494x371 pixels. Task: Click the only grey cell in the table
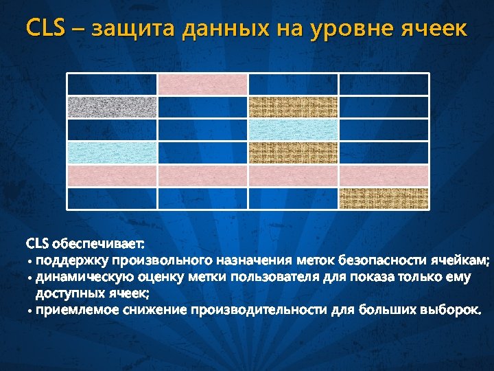(112, 107)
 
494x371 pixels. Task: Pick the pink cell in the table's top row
(202, 85)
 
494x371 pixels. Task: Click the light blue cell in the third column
(293, 130)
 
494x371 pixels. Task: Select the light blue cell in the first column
(112, 152)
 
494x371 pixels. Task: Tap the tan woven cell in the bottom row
(384, 197)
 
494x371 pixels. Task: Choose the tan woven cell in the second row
(293, 107)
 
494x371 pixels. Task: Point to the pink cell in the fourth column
(384, 175)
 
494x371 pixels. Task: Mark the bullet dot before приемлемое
(30, 311)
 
